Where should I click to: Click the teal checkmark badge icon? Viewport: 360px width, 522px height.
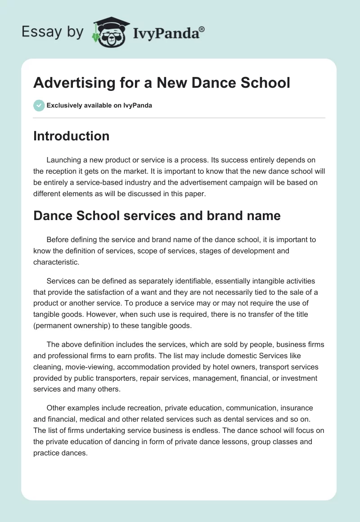click(x=39, y=105)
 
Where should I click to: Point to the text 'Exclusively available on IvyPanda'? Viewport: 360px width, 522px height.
click(x=99, y=106)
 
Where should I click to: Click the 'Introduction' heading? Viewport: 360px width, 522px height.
click(x=71, y=136)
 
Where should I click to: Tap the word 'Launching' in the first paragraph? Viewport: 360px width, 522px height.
click(x=63, y=160)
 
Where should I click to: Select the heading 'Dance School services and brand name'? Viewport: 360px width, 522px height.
click(x=157, y=216)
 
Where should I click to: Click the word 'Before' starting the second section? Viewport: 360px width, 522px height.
click(x=57, y=239)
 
